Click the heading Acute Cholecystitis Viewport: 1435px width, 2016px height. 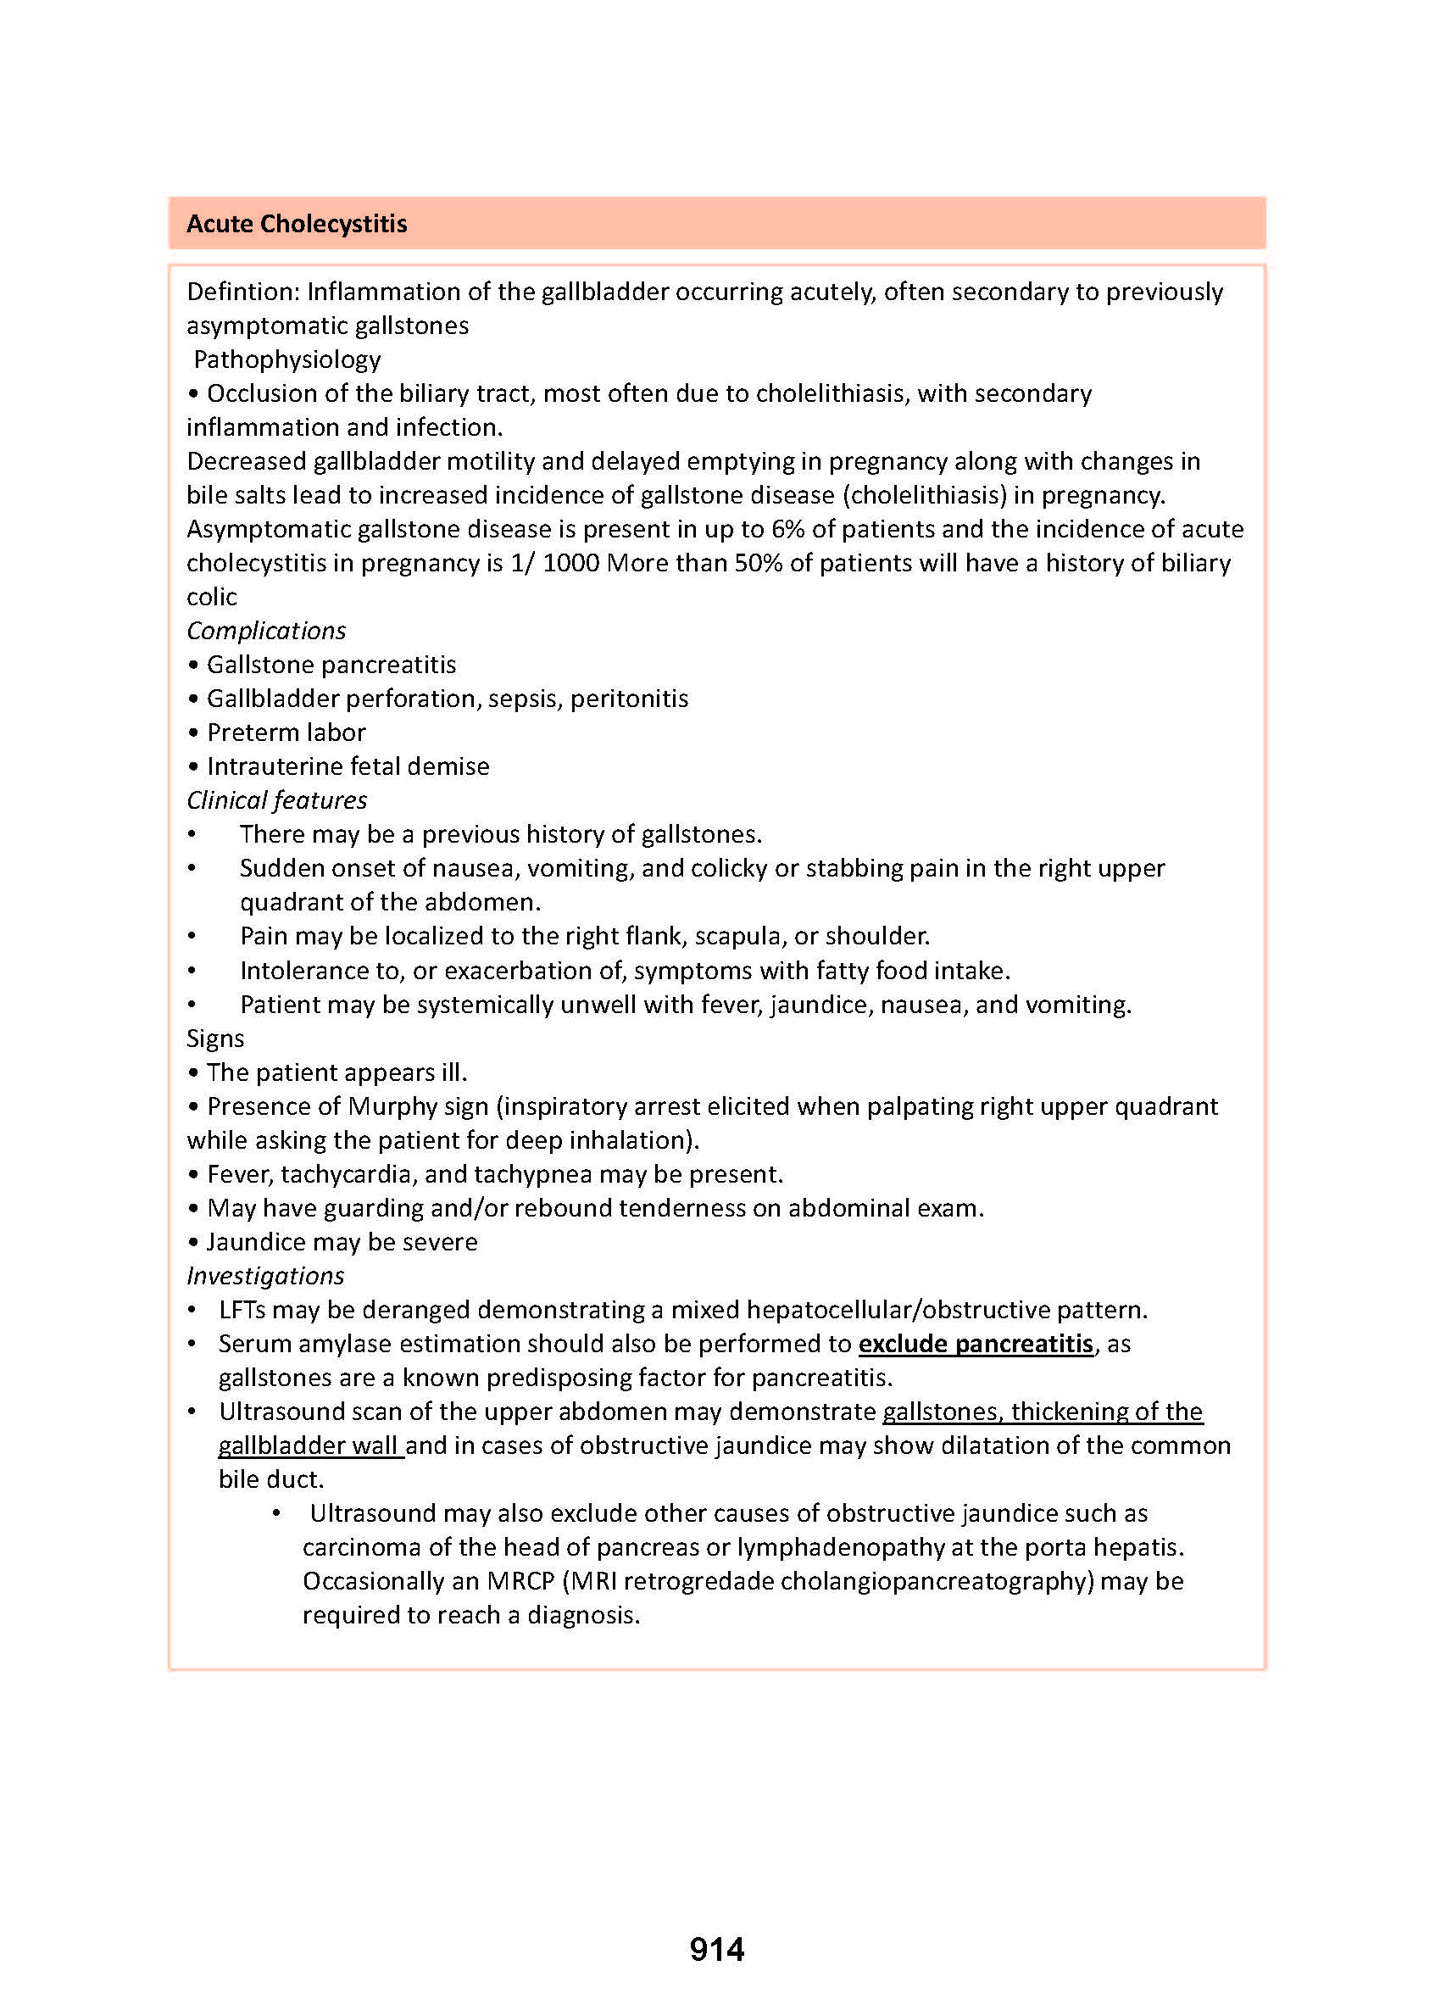point(296,225)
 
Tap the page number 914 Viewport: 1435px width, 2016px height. point(716,1950)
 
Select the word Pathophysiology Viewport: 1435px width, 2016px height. point(287,359)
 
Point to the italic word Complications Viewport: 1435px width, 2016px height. point(266,631)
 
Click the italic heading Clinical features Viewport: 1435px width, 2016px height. point(276,801)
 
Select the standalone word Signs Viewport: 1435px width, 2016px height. point(214,1039)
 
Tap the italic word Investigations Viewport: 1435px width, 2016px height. point(265,1276)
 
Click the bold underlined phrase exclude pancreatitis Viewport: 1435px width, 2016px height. point(976,1345)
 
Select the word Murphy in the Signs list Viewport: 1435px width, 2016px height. point(393,1106)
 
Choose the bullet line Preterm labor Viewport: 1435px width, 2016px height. point(286,732)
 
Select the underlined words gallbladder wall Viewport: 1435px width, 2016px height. point(311,1446)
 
